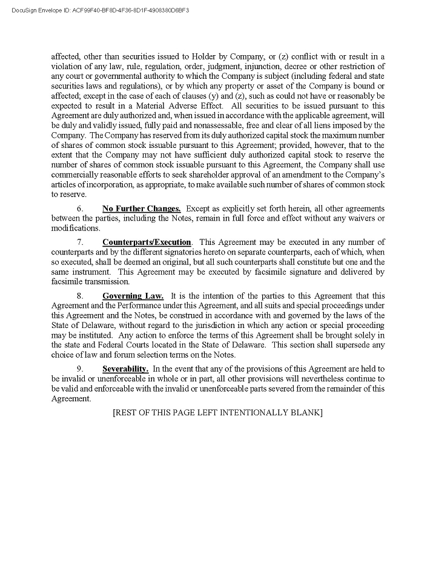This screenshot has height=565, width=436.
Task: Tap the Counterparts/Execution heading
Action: click(x=147, y=242)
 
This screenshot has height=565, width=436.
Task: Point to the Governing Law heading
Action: click(x=133, y=296)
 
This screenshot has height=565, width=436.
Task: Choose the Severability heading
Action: click(x=125, y=369)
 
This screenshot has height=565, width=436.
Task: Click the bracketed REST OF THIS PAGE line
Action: click(x=217, y=413)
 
